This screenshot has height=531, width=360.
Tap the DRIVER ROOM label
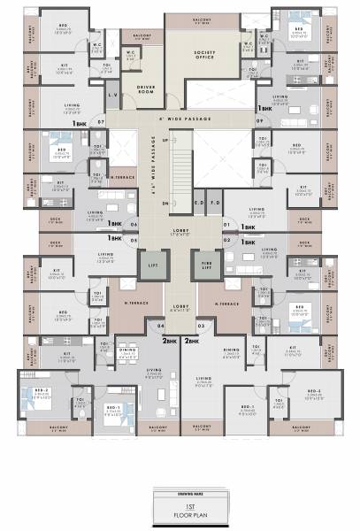[146, 88]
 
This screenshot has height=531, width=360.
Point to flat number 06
[133, 225]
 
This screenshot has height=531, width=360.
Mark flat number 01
[226, 225]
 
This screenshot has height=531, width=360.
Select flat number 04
[160, 326]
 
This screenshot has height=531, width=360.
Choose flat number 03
[200, 326]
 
